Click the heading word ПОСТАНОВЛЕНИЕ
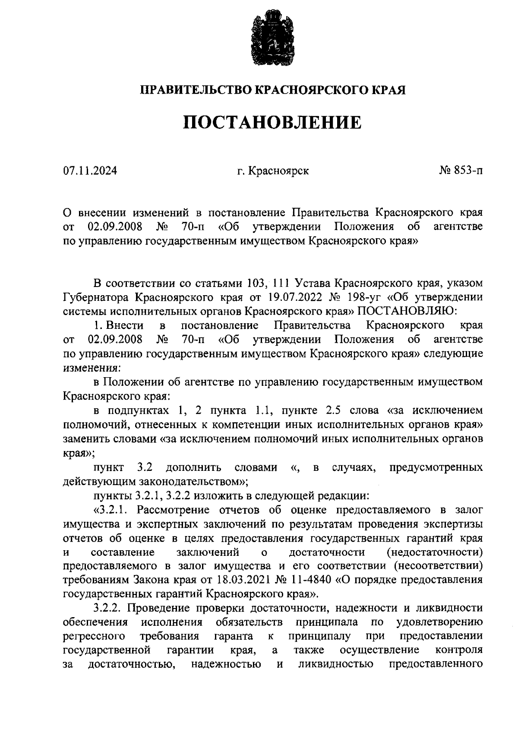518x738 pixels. coord(272,123)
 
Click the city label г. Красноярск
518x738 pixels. coord(272,171)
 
